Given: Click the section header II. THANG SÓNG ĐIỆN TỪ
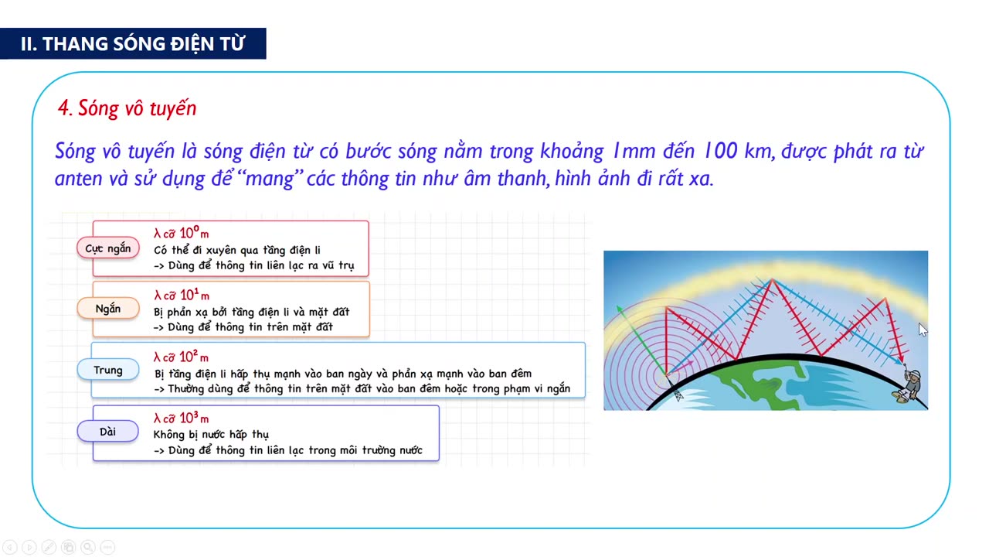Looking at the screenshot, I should pyautogui.click(x=132, y=44).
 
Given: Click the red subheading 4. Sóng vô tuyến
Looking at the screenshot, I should pyautogui.click(x=127, y=108).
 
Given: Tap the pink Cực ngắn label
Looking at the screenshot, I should pyautogui.click(x=107, y=248).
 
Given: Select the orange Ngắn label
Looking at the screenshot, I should pyautogui.click(x=107, y=309).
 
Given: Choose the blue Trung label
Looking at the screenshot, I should pyautogui.click(x=107, y=370).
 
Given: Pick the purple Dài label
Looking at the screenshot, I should pyautogui.click(x=107, y=432).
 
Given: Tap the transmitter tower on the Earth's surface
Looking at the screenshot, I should pyautogui.click(x=678, y=392).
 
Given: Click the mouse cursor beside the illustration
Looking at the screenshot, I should pyautogui.click(x=922, y=330).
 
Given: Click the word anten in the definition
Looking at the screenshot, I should pyautogui.click(x=76, y=179).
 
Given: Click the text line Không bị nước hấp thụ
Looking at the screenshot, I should pyautogui.click(x=211, y=435).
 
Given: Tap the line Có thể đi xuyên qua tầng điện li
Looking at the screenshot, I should pyautogui.click(x=237, y=250).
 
